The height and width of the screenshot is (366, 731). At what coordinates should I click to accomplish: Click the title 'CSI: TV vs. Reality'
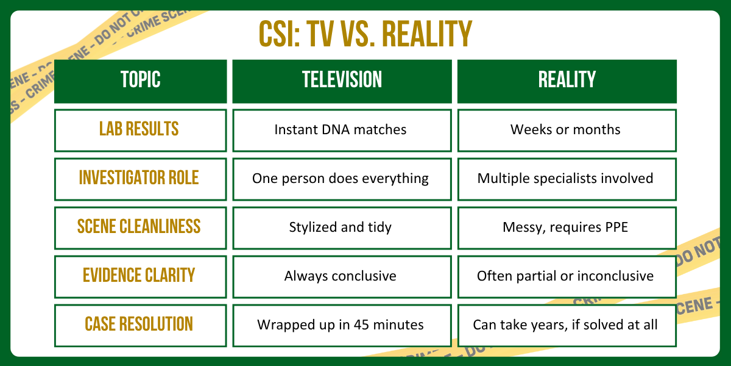point(365,34)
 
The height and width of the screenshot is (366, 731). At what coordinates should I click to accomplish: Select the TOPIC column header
point(140,80)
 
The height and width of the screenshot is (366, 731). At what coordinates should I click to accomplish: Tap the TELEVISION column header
point(342,80)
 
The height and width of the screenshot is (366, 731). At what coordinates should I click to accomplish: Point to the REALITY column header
point(567,80)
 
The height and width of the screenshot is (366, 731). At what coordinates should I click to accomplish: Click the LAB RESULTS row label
point(140,129)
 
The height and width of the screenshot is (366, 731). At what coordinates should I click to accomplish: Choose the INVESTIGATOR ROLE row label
point(140,178)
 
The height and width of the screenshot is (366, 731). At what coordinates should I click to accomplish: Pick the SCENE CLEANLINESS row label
point(140,227)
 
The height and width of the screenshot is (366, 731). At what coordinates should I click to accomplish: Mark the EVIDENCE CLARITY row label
point(140,276)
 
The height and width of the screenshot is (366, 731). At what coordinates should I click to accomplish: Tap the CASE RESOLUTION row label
point(140,325)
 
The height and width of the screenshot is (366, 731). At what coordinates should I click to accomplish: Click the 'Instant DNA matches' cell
point(342,129)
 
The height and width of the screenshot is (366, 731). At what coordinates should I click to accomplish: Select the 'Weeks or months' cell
point(567,129)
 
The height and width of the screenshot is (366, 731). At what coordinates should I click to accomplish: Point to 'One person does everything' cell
point(342,178)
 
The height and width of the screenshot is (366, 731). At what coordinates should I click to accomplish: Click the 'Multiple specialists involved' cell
point(567,178)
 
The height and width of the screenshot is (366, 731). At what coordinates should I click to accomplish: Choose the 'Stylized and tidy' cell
point(342,227)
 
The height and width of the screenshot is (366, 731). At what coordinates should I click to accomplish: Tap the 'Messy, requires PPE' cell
point(567,227)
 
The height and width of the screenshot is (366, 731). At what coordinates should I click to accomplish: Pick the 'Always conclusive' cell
point(342,276)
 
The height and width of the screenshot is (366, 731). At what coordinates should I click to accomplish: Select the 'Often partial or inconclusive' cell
point(567,276)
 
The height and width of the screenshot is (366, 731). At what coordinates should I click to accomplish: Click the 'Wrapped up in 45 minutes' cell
point(342,325)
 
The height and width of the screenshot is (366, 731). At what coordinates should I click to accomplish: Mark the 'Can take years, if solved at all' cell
point(567,325)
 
